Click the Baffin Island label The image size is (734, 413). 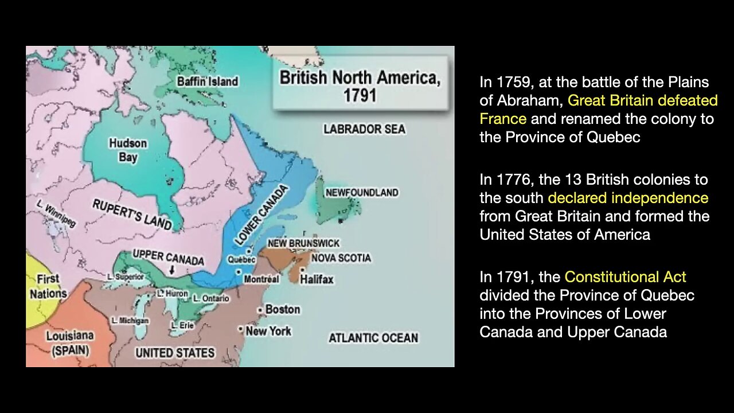pos(208,81)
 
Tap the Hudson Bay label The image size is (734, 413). pos(128,150)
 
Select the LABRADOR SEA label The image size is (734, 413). pos(364,129)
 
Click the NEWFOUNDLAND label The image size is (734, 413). pos(361,193)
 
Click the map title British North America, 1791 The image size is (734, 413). pos(360,85)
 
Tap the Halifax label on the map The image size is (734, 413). pos(317,279)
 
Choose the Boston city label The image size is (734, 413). pos(283,309)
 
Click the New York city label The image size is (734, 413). pos(268,331)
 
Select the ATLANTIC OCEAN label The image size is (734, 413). pos(373,338)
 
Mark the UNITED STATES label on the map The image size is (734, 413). pos(175,352)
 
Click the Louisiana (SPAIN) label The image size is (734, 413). pos(70,343)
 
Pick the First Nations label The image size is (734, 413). pos(48,286)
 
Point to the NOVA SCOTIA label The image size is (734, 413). pos(341,258)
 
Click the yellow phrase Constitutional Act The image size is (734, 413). pos(625,277)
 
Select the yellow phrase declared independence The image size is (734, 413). pos(628,198)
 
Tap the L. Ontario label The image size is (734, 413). pos(211,298)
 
